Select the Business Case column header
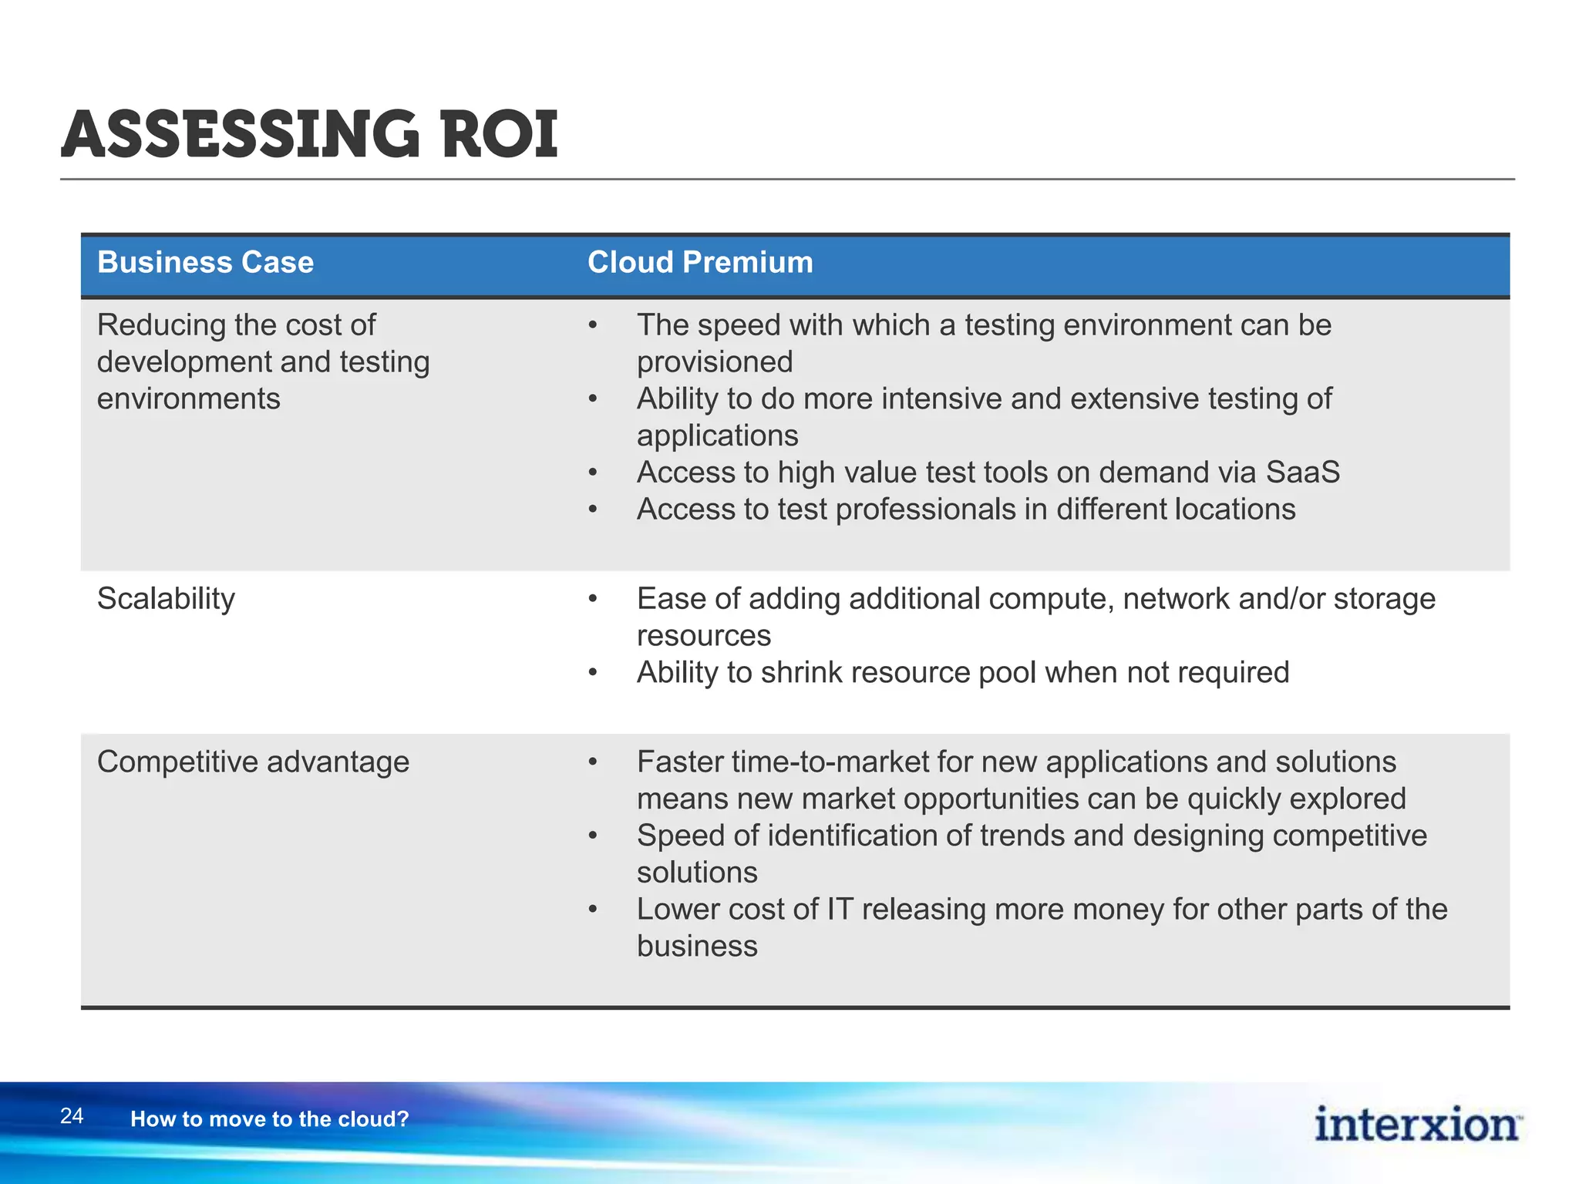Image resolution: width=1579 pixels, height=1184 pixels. pos(205,263)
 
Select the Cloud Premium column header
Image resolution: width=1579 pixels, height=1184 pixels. pos(699,263)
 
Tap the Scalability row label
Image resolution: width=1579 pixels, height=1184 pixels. pos(166,599)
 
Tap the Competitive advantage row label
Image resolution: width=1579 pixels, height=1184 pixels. pos(253,762)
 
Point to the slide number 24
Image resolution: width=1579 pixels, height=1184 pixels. pos(72,1116)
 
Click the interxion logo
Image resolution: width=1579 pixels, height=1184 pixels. pos(1417,1125)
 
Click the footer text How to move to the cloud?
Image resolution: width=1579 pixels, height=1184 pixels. pos(269,1119)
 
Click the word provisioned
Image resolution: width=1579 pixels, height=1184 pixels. pos(714,362)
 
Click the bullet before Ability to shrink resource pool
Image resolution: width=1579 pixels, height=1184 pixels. pos(592,673)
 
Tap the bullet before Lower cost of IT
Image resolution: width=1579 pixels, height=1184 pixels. pos(592,910)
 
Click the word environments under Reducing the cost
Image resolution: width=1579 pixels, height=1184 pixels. pos(188,399)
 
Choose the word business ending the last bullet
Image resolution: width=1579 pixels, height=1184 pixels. pos(697,947)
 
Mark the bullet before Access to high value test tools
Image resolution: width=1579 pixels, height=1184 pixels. pos(592,473)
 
